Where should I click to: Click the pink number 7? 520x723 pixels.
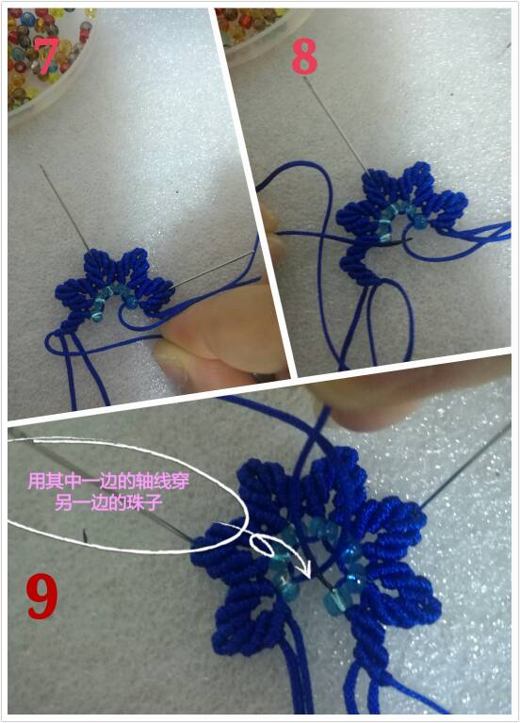pos(46,55)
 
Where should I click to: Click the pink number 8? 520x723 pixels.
pos(304,56)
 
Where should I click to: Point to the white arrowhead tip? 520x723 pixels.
pos(311,578)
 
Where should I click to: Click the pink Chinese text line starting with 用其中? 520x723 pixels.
pos(108,482)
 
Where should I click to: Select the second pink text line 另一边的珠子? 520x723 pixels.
pos(108,502)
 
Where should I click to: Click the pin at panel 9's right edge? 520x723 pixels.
pos(465,466)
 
